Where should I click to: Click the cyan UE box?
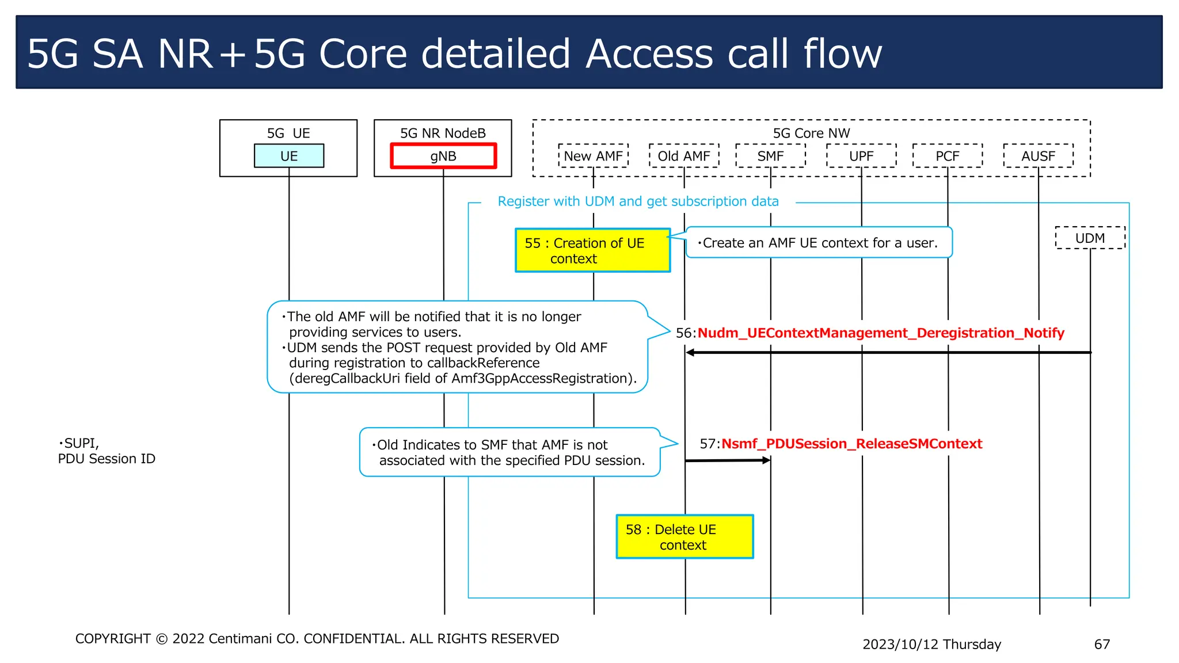[x=289, y=156]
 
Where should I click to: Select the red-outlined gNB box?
[x=443, y=156]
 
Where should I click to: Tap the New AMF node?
[x=593, y=156]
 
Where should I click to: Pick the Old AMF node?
[x=684, y=156]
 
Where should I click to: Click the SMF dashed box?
[x=770, y=156]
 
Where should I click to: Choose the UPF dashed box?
[x=861, y=156]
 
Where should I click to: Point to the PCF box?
[x=947, y=156]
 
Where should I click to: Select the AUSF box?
[x=1038, y=156]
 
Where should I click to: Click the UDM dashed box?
[x=1090, y=238]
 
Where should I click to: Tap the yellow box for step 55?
[x=592, y=250]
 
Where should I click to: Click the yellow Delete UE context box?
[x=684, y=536]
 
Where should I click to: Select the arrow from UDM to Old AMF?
[x=887, y=352]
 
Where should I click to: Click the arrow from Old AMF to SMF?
[x=728, y=460]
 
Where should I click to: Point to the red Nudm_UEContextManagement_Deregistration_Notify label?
[x=881, y=333]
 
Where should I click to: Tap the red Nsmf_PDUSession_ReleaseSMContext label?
[x=851, y=444]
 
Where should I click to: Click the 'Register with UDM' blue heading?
[x=638, y=201]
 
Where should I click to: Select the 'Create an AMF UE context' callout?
[x=819, y=243]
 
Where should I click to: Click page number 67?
[x=1102, y=644]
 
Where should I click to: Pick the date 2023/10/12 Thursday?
[x=931, y=644]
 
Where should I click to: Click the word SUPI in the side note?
[x=81, y=443]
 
